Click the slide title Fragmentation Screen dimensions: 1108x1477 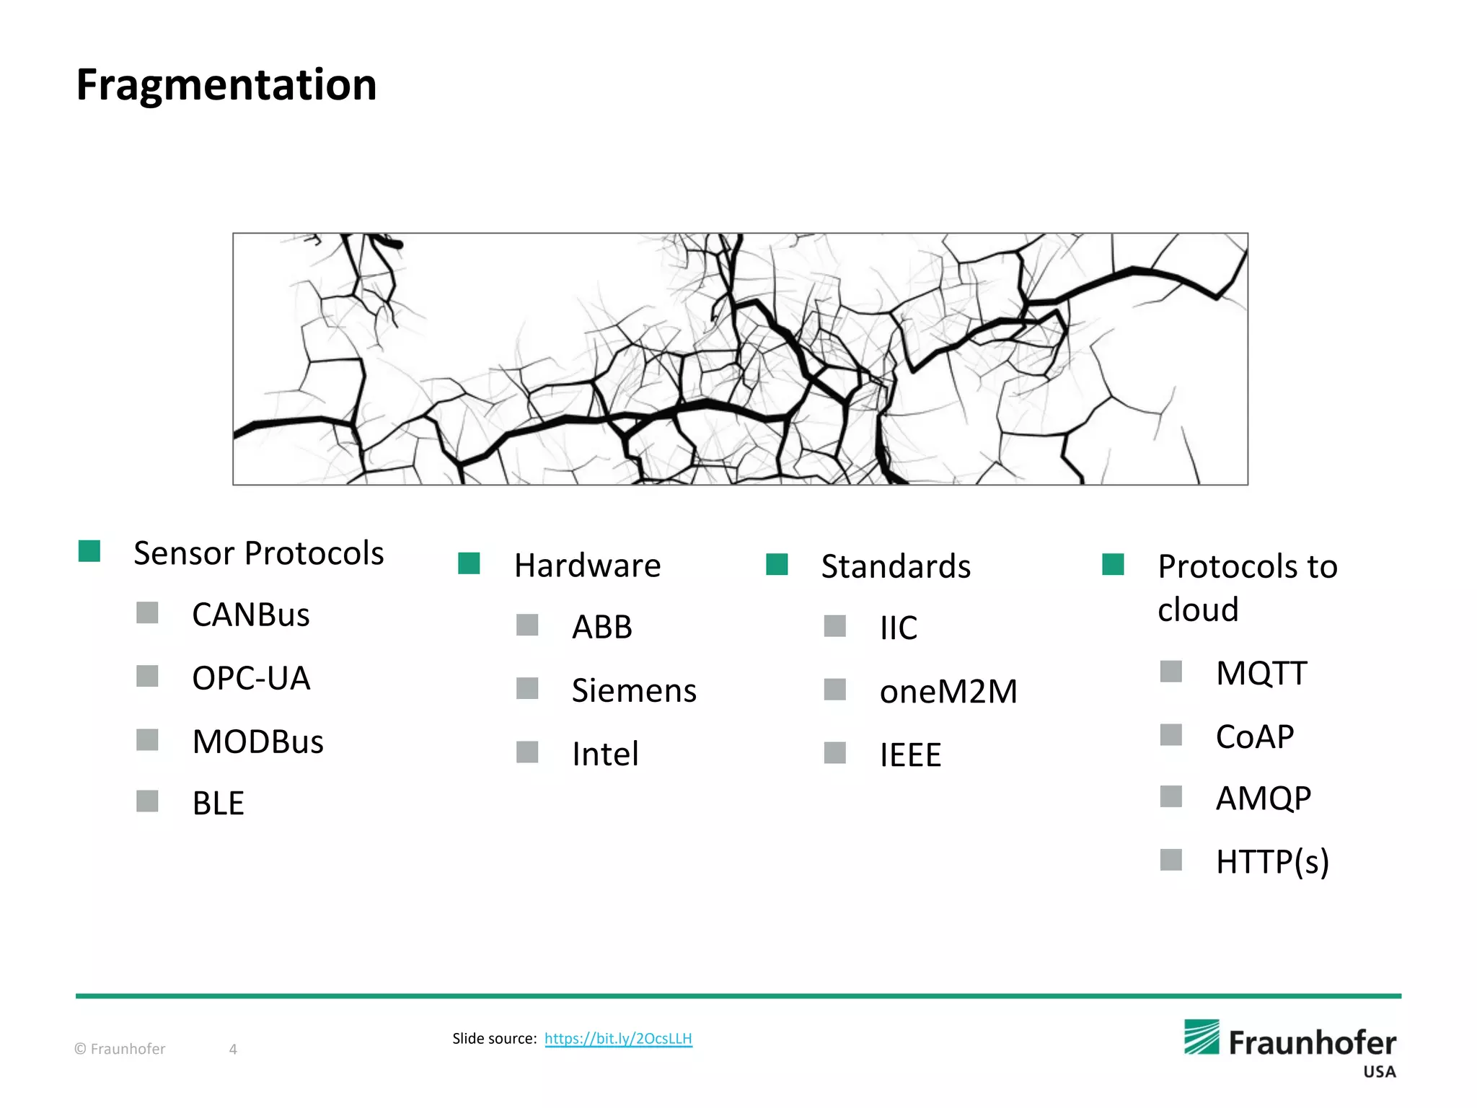point(226,85)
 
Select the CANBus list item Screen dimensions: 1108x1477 point(250,615)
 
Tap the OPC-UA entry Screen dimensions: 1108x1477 point(251,678)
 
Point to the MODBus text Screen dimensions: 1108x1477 point(257,742)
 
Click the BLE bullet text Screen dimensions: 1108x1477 point(218,804)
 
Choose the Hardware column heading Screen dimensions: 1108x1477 point(587,566)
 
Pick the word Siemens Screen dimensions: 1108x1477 point(634,691)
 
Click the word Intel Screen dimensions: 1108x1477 point(605,755)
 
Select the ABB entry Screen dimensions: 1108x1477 point(601,628)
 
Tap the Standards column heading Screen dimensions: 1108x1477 point(896,566)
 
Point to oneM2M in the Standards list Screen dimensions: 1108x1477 point(948,692)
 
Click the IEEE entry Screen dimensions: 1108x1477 point(910,755)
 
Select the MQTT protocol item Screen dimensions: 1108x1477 point(1261,674)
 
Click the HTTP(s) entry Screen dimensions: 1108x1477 point(1272,862)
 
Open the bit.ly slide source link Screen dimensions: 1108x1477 point(618,1039)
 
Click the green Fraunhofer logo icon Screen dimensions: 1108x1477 point(1202,1037)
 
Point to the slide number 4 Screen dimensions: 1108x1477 point(233,1049)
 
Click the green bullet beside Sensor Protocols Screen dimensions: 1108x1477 point(89,551)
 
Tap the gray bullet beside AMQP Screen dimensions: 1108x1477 point(1170,797)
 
